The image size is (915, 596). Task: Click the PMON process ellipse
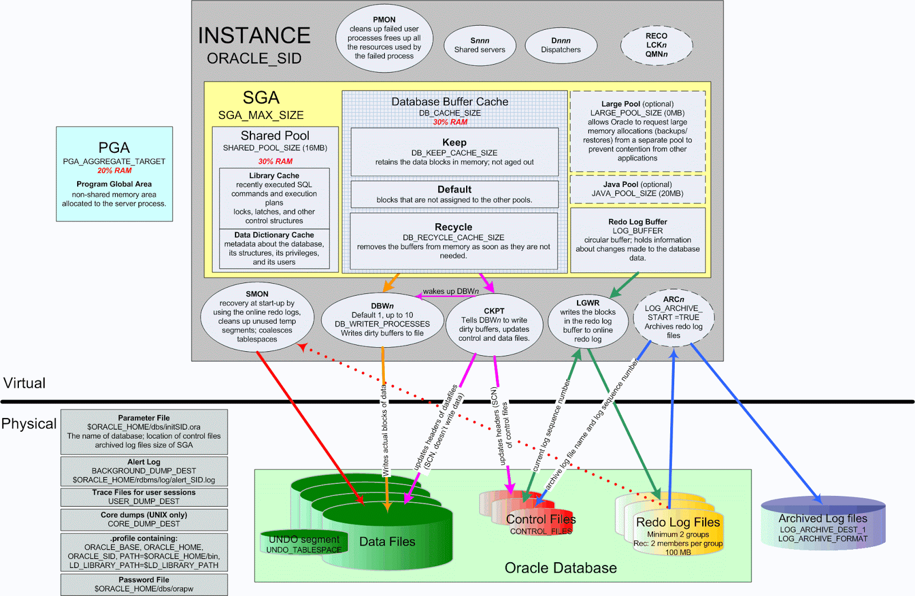point(384,38)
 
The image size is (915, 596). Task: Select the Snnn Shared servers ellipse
point(479,45)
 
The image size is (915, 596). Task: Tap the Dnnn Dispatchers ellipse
point(560,45)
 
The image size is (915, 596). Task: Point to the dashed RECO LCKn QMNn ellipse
point(656,45)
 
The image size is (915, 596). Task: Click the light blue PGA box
point(114,174)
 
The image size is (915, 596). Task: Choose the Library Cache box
point(274,198)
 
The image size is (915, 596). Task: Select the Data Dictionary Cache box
point(274,248)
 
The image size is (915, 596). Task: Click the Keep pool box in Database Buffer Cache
point(454,152)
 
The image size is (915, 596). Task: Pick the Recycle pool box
point(453,241)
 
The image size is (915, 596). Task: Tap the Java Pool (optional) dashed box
point(637,189)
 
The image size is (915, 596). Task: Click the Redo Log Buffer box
point(637,240)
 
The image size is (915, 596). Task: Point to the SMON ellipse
point(257,316)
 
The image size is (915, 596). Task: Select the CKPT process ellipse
point(494,325)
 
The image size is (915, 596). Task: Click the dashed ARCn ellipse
point(673,317)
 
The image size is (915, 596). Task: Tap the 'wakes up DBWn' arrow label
point(451,291)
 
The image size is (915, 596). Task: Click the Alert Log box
point(144,471)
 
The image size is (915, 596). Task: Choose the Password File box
point(144,584)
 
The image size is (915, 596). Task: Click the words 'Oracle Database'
point(560,568)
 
